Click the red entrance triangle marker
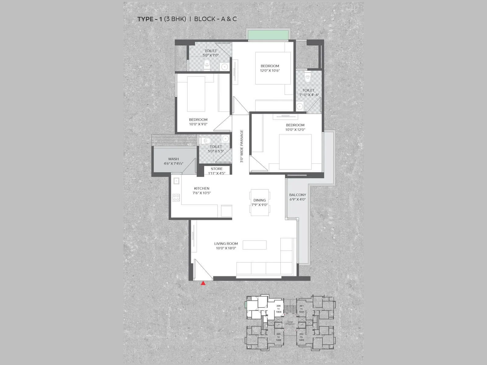tap(203, 283)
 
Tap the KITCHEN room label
tap(201, 188)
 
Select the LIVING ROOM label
tap(226, 243)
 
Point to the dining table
tap(260, 203)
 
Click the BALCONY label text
tap(297, 195)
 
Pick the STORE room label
tap(216, 169)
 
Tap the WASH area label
tap(173, 159)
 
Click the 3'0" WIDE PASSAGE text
tap(242, 146)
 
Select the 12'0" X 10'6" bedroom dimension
tap(270, 71)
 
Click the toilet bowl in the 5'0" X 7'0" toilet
tap(207, 64)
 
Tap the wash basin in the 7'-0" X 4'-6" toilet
tap(300, 106)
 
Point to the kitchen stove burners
tap(176, 198)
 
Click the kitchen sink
tap(176, 181)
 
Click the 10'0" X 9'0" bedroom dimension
tap(198, 124)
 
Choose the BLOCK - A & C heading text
tap(215, 19)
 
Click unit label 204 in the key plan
tap(278, 306)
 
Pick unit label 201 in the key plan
tap(301, 306)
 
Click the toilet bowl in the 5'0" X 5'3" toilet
tap(207, 140)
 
